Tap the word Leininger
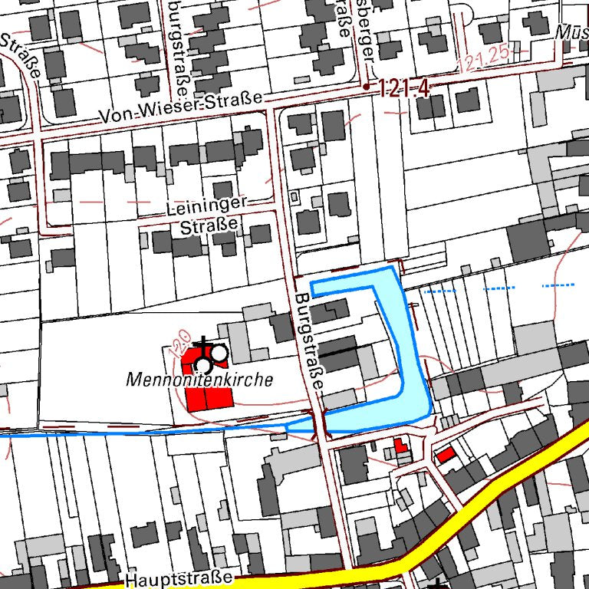(207, 206)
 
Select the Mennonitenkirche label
(200, 379)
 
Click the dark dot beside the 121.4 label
(367, 87)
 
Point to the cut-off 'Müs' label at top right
(573, 32)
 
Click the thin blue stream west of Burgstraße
(153, 433)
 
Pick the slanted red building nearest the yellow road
(445, 455)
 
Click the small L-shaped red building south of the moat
(400, 446)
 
